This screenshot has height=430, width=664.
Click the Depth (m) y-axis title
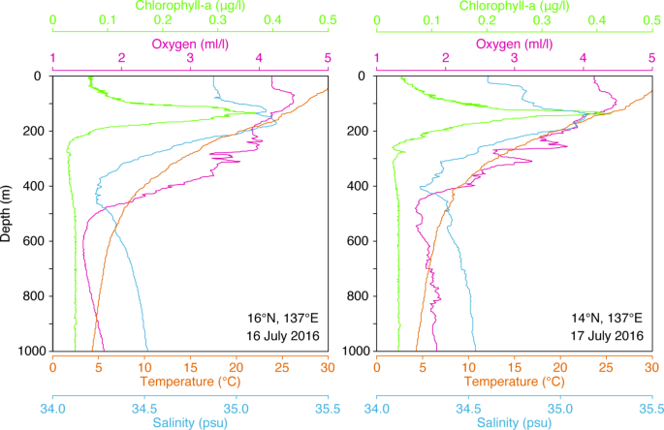pyautogui.click(x=8, y=213)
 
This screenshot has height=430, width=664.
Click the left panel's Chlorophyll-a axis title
pyautogui.click(x=190, y=5)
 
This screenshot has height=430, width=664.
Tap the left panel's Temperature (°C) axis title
pyautogui.click(x=190, y=382)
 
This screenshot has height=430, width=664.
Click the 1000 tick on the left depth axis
pyautogui.click(x=30, y=351)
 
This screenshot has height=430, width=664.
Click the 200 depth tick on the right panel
pyautogui.click(x=356, y=131)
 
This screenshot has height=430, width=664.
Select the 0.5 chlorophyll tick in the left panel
pyautogui.click(x=328, y=19)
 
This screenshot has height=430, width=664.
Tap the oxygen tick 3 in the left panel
pyautogui.click(x=190, y=58)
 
